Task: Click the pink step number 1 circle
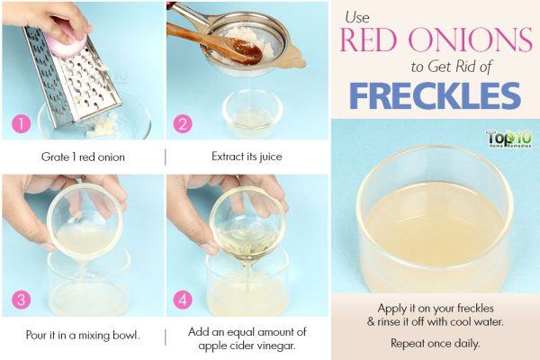click(x=22, y=123)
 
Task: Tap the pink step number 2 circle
click(x=183, y=123)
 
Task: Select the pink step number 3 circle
click(x=22, y=300)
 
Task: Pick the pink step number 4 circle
click(x=183, y=300)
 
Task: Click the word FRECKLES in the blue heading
click(x=436, y=95)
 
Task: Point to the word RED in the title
click(x=369, y=40)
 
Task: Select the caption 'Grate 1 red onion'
click(x=83, y=157)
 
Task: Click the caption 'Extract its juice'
click(x=247, y=157)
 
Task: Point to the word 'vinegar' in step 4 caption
click(x=276, y=346)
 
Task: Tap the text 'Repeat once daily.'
click(x=435, y=343)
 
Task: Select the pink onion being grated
click(x=66, y=43)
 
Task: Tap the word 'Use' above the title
click(x=357, y=17)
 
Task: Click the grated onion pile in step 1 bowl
click(x=103, y=125)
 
